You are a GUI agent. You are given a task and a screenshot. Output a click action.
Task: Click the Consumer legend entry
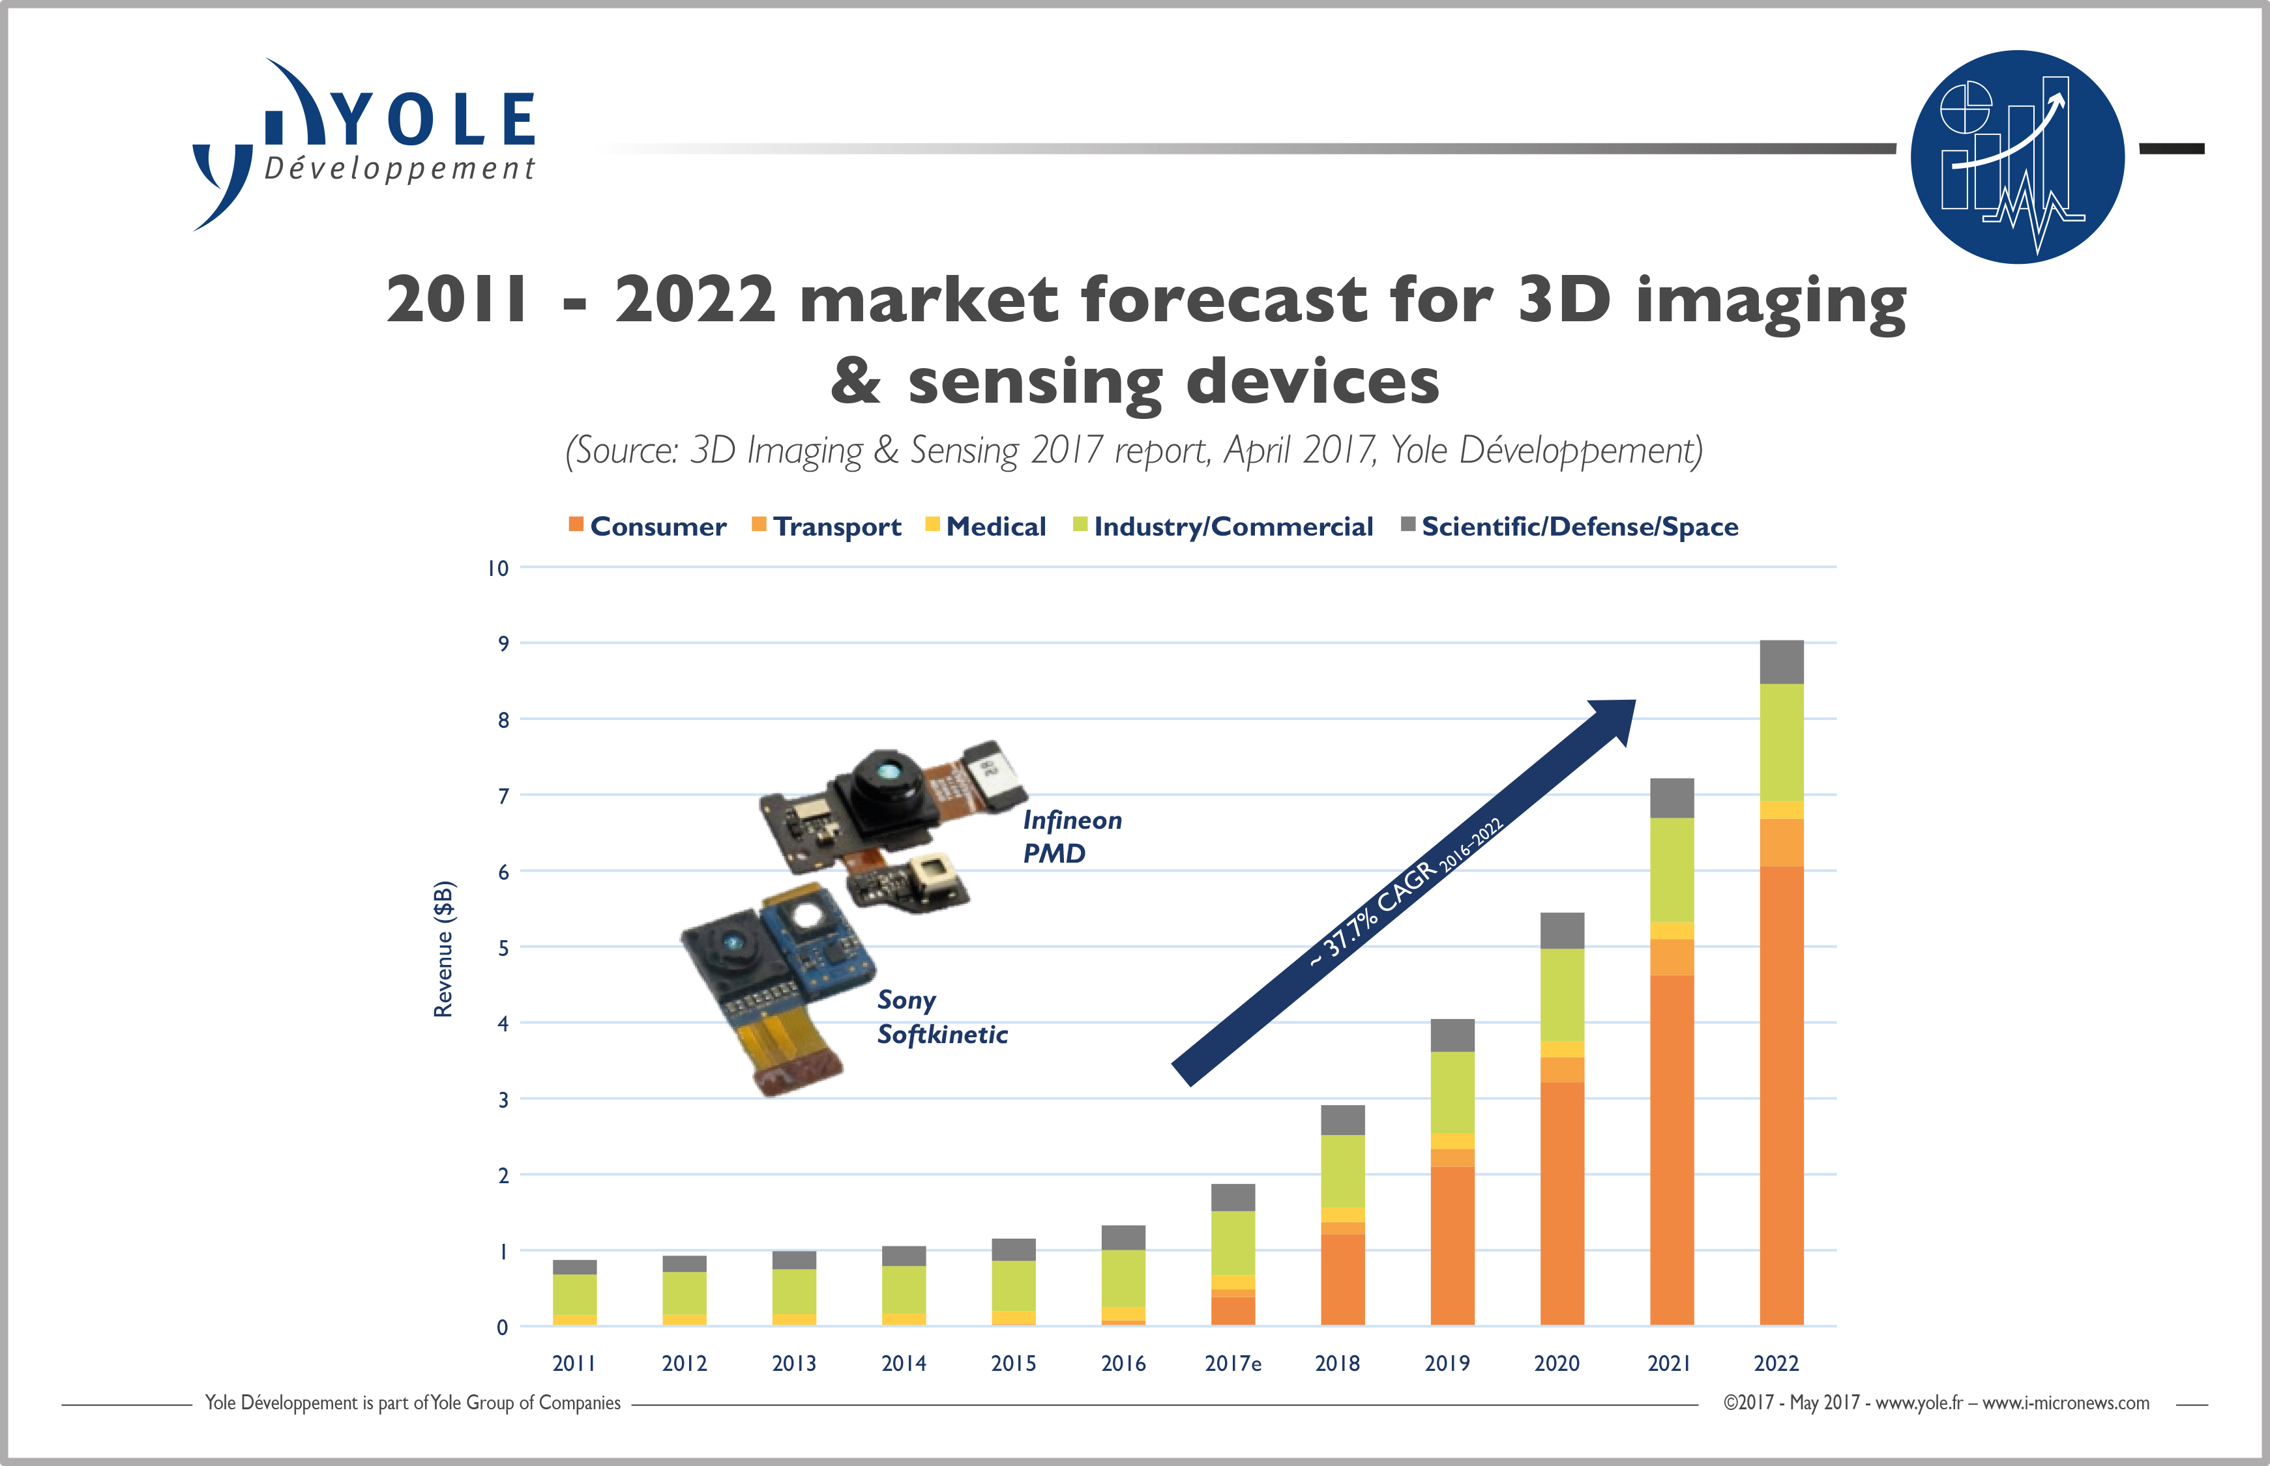[647, 526]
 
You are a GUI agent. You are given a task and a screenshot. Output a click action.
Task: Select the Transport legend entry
[827, 526]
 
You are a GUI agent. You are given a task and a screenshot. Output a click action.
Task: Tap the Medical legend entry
[986, 526]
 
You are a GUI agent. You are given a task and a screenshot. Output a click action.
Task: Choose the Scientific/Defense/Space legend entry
[1569, 526]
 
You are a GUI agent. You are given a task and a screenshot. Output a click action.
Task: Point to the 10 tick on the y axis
[498, 568]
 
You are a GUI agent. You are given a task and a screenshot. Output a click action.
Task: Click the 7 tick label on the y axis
[504, 796]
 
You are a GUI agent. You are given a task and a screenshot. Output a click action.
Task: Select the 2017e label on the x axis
[1233, 1363]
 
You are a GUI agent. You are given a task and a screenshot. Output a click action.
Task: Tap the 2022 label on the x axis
[1776, 1363]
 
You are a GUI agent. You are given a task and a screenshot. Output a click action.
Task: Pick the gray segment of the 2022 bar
[1782, 663]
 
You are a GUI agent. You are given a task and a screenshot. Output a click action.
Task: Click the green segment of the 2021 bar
[1672, 870]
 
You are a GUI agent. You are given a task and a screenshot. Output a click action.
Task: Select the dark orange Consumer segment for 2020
[1563, 1203]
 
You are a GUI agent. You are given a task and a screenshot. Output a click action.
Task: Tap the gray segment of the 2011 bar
[575, 1267]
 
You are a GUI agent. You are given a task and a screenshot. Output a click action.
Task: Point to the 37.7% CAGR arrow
[1404, 893]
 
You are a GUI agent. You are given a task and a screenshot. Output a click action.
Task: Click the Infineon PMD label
[1072, 837]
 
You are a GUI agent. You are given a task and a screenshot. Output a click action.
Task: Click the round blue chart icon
[2018, 157]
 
